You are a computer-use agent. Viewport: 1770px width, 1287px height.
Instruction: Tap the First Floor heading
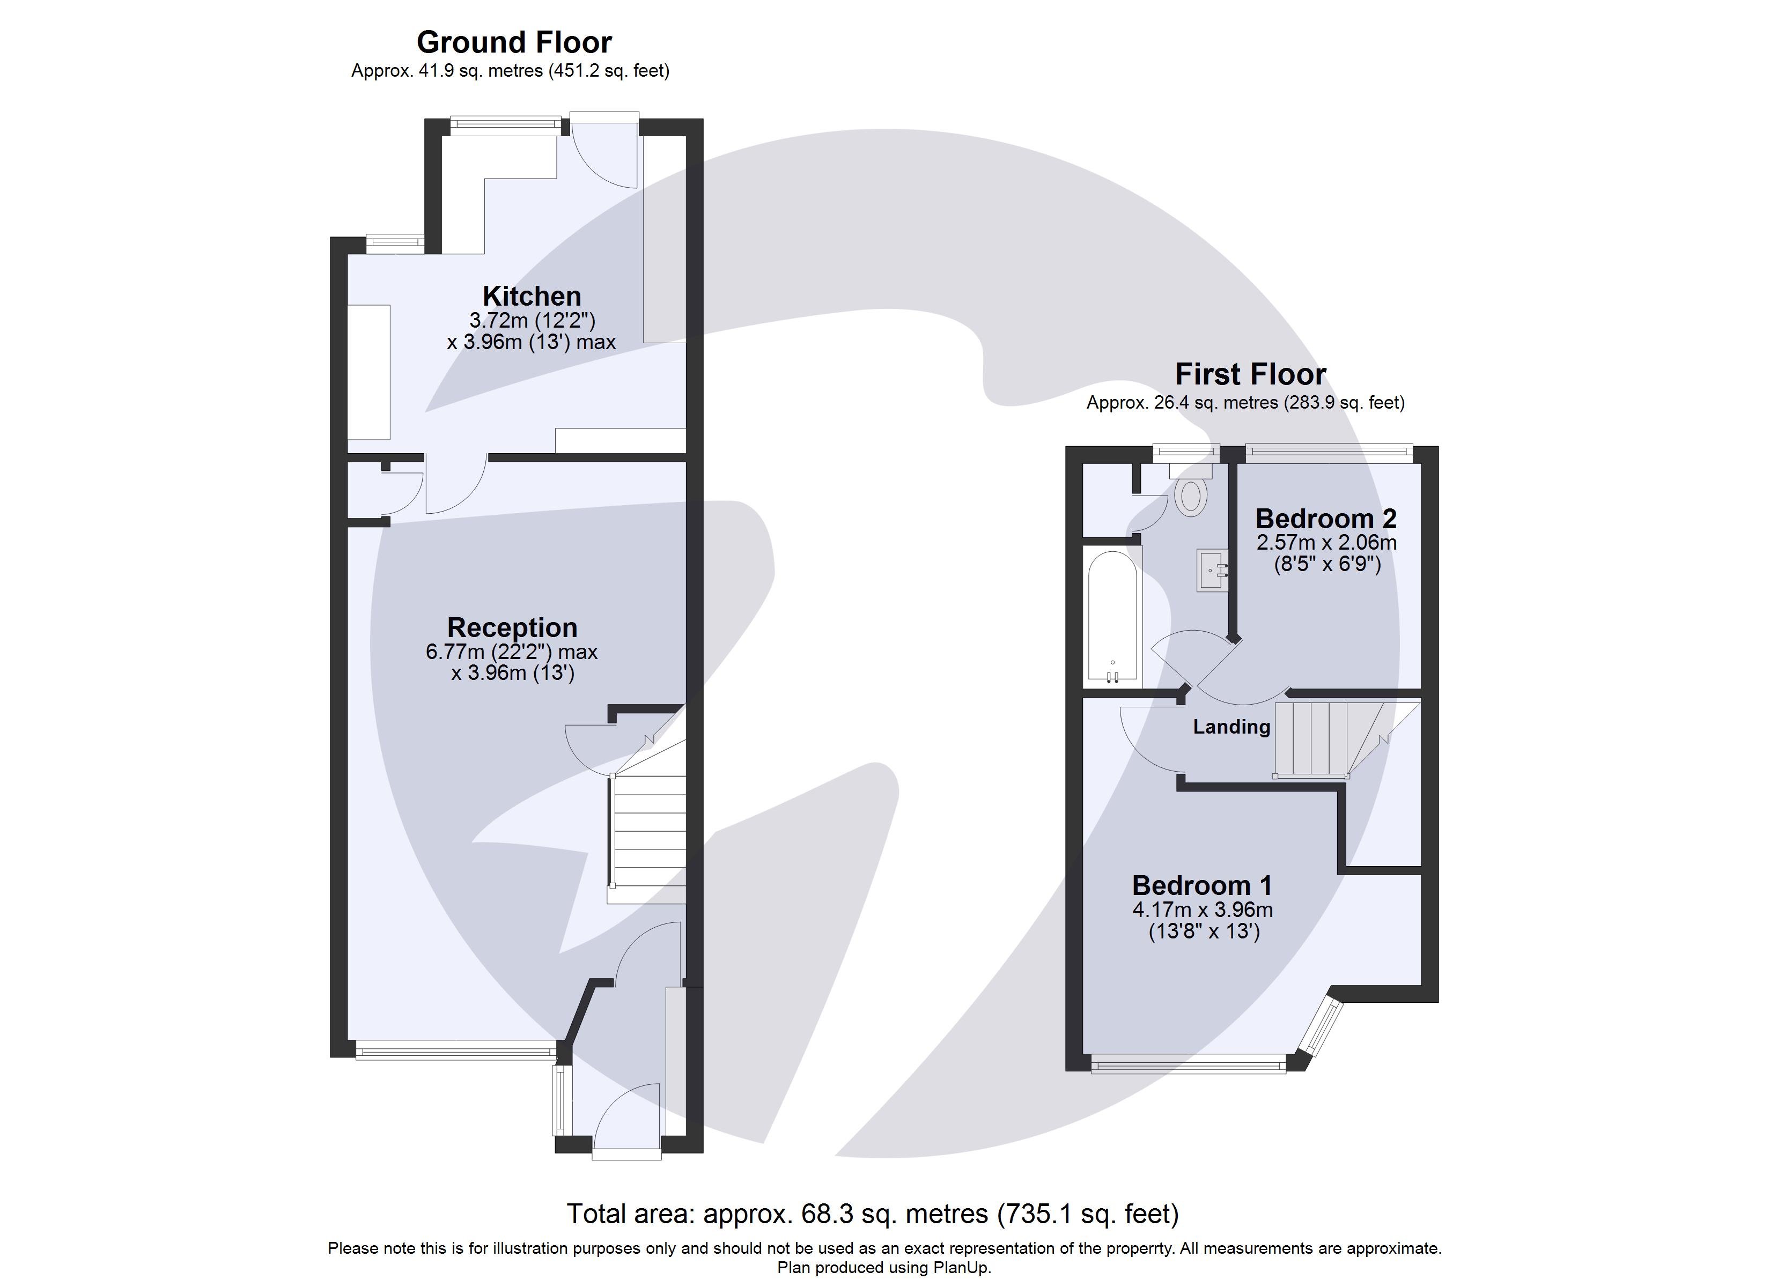click(x=1250, y=375)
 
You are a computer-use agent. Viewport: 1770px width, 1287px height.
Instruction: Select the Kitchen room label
click(x=532, y=297)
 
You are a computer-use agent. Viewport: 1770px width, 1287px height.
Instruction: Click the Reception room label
click(x=512, y=627)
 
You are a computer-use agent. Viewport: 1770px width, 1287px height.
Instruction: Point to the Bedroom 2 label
click(x=1325, y=518)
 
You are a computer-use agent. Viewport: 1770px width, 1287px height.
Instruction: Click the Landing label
click(x=1231, y=727)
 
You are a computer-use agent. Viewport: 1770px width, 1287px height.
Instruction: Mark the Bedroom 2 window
click(x=1328, y=451)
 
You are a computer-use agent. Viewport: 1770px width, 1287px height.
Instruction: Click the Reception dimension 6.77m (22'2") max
click(x=512, y=652)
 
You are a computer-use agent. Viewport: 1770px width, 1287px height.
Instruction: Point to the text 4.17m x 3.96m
click(x=1202, y=909)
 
